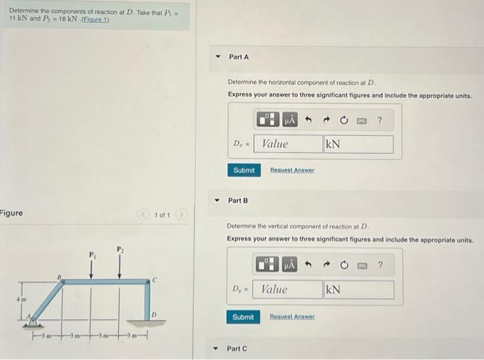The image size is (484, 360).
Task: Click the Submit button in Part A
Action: coord(243,170)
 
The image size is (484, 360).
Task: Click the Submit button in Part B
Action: coord(243,317)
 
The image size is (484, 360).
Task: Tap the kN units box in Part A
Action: coord(358,144)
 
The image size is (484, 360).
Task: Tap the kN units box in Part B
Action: coord(358,290)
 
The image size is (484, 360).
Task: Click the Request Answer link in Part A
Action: coord(292,170)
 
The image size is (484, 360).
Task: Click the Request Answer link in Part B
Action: coord(292,317)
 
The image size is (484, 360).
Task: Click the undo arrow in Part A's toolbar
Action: coord(308,120)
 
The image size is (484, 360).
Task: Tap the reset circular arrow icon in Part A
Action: coord(344,120)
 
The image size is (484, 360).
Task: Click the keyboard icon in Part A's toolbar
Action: coord(361,120)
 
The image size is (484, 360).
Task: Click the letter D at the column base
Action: coord(153,314)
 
